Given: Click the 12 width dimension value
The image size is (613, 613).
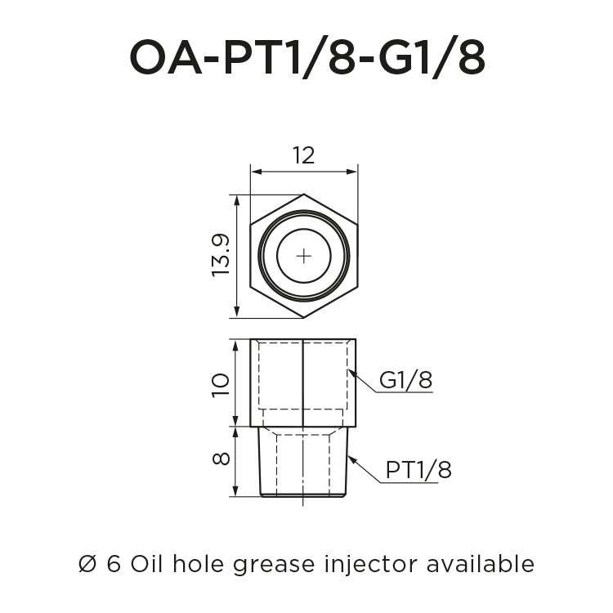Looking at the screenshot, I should pyautogui.click(x=303, y=155).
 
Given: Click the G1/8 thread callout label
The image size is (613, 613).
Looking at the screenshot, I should pyautogui.click(x=405, y=380).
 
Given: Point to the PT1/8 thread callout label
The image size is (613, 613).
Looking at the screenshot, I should pyautogui.click(x=418, y=470).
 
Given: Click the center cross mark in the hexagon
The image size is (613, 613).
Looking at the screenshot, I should pyautogui.click(x=304, y=256).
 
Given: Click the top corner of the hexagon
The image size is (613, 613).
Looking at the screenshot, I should pyautogui.click(x=304, y=195).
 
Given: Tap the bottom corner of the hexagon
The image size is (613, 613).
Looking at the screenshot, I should pyautogui.click(x=304, y=317).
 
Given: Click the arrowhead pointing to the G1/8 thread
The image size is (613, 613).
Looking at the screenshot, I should pyautogui.click(x=351, y=373).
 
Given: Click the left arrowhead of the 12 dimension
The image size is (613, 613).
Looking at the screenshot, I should pyautogui.click(x=254, y=172).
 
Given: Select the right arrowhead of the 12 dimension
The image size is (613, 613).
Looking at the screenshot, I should pyautogui.click(x=354, y=172).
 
